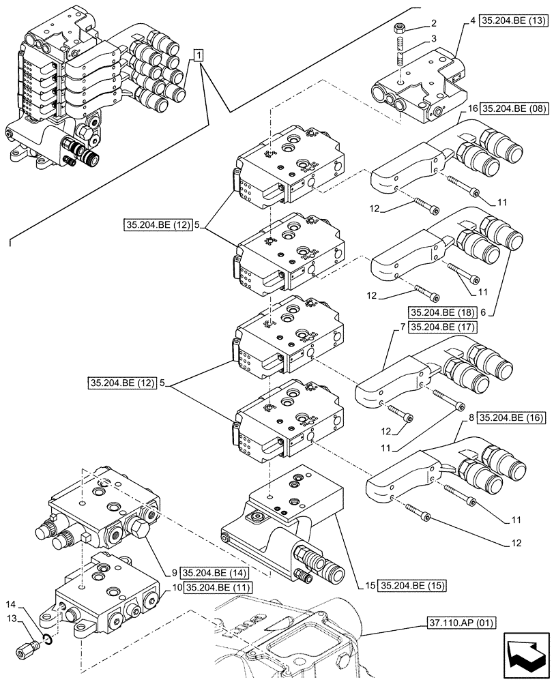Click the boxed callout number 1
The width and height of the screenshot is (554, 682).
point(198,55)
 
